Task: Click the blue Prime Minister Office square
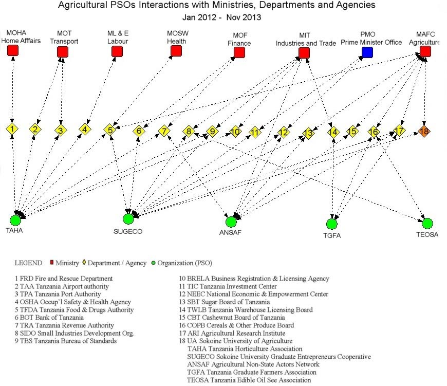pos(367,52)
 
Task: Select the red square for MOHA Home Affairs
pos(12,50)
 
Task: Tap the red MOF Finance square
pos(239,52)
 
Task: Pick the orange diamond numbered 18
pos(424,131)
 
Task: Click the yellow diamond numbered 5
pos(110,130)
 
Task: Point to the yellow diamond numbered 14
pos(333,132)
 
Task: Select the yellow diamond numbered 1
pos(12,129)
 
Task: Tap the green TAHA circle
pos(15,220)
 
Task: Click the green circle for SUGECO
pos(128,218)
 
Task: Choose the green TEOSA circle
pos(427,223)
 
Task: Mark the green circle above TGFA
pos(331,224)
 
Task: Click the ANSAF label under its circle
pos(230,232)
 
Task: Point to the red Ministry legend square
pos(51,262)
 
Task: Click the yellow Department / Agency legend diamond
pos(84,262)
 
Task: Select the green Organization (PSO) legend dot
pos(154,263)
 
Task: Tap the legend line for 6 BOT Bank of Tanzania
pos(49,317)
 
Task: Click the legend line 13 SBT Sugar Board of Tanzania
pos(225,302)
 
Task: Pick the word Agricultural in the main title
pos(82,5)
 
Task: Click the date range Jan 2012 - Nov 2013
pos(222,17)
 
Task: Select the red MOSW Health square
pos(176,51)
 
